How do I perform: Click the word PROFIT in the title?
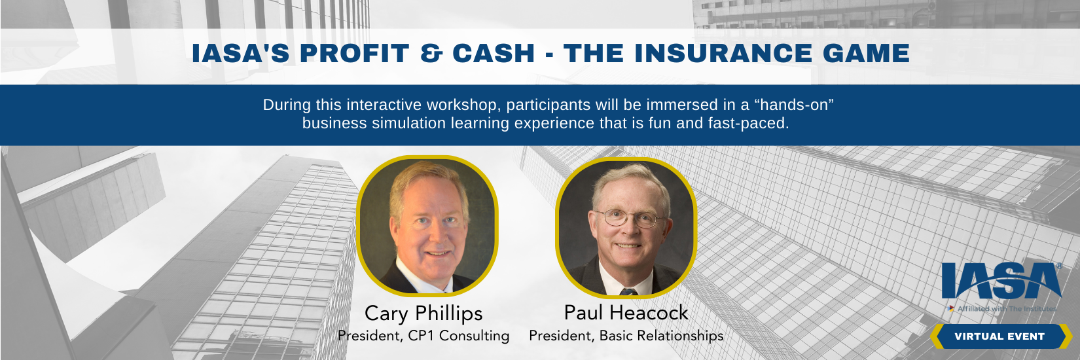[x=354, y=53]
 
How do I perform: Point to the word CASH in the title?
[x=494, y=53]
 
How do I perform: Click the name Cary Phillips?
[x=423, y=314]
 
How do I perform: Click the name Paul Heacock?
[x=626, y=313]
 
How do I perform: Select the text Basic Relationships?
[x=661, y=335]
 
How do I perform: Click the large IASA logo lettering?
[x=1001, y=281]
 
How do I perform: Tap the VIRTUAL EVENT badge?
[x=1000, y=336]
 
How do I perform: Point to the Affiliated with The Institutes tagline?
[x=1001, y=308]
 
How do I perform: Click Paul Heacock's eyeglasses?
[x=630, y=219]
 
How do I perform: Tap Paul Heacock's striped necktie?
[x=628, y=291]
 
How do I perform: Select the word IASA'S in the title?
[x=241, y=53]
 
